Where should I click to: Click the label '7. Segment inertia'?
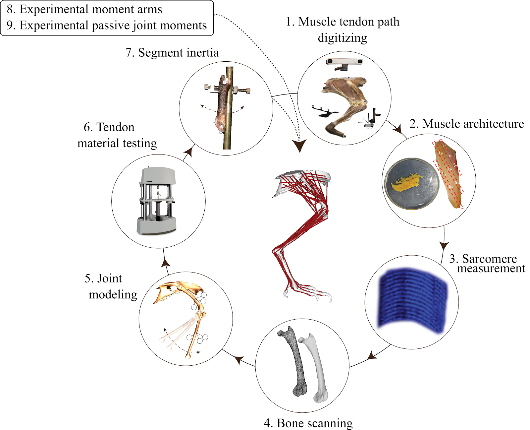172,53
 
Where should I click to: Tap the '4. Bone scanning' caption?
308,423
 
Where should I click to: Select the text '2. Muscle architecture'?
466,124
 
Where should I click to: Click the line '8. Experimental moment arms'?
84,9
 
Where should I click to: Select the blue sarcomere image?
413,301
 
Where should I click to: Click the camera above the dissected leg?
344,62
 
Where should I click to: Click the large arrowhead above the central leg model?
299,145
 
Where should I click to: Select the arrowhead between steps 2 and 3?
444,246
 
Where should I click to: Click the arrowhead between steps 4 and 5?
239,359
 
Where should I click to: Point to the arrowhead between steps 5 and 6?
166,263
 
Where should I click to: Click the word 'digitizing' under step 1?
342,38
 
